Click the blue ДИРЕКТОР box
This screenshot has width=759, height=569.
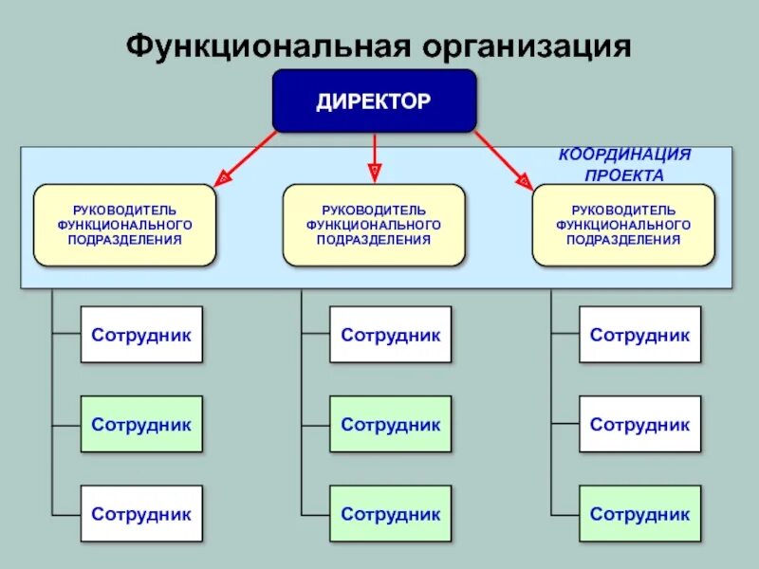[374, 101]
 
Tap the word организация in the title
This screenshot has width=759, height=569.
[508, 46]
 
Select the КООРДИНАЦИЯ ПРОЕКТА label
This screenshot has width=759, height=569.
[623, 164]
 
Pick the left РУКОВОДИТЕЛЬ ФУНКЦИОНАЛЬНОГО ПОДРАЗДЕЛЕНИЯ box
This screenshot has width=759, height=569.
[124, 225]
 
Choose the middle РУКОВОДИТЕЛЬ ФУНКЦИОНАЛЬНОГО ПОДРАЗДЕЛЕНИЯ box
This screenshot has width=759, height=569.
[374, 225]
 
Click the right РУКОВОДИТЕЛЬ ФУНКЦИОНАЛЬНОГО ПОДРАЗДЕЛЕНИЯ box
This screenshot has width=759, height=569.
[623, 225]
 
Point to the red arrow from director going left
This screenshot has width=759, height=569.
[249, 156]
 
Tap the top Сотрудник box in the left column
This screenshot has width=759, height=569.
[141, 335]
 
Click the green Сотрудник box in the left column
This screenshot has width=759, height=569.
[141, 424]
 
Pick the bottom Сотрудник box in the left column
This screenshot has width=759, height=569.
[141, 514]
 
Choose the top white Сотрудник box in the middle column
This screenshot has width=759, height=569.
[391, 335]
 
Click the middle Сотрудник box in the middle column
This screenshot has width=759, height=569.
[391, 424]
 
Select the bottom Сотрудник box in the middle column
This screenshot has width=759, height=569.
[391, 514]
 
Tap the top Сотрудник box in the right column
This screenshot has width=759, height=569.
[640, 335]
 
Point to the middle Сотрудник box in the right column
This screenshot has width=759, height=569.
[640, 424]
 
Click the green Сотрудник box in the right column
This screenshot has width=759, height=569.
[640, 514]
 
